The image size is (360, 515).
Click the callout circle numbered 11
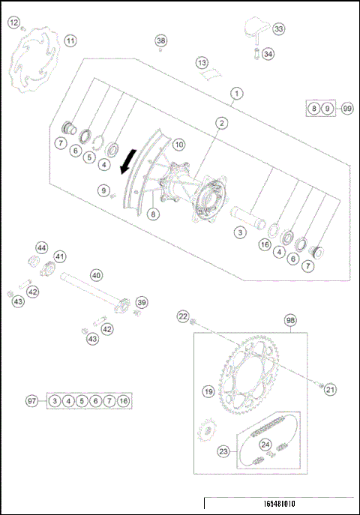pos(70,40)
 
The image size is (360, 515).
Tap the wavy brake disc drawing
pos(37,64)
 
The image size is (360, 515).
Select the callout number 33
pos(279,29)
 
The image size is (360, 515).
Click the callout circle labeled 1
pos(236,94)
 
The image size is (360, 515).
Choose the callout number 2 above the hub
pos(222,122)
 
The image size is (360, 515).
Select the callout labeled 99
pos(346,109)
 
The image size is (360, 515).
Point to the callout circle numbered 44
pos(42,247)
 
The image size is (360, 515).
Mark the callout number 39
pos(141,302)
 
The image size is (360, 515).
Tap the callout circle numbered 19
pos(208,391)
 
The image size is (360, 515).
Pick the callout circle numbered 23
pos(223,451)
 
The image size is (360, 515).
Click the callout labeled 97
pos(31,402)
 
